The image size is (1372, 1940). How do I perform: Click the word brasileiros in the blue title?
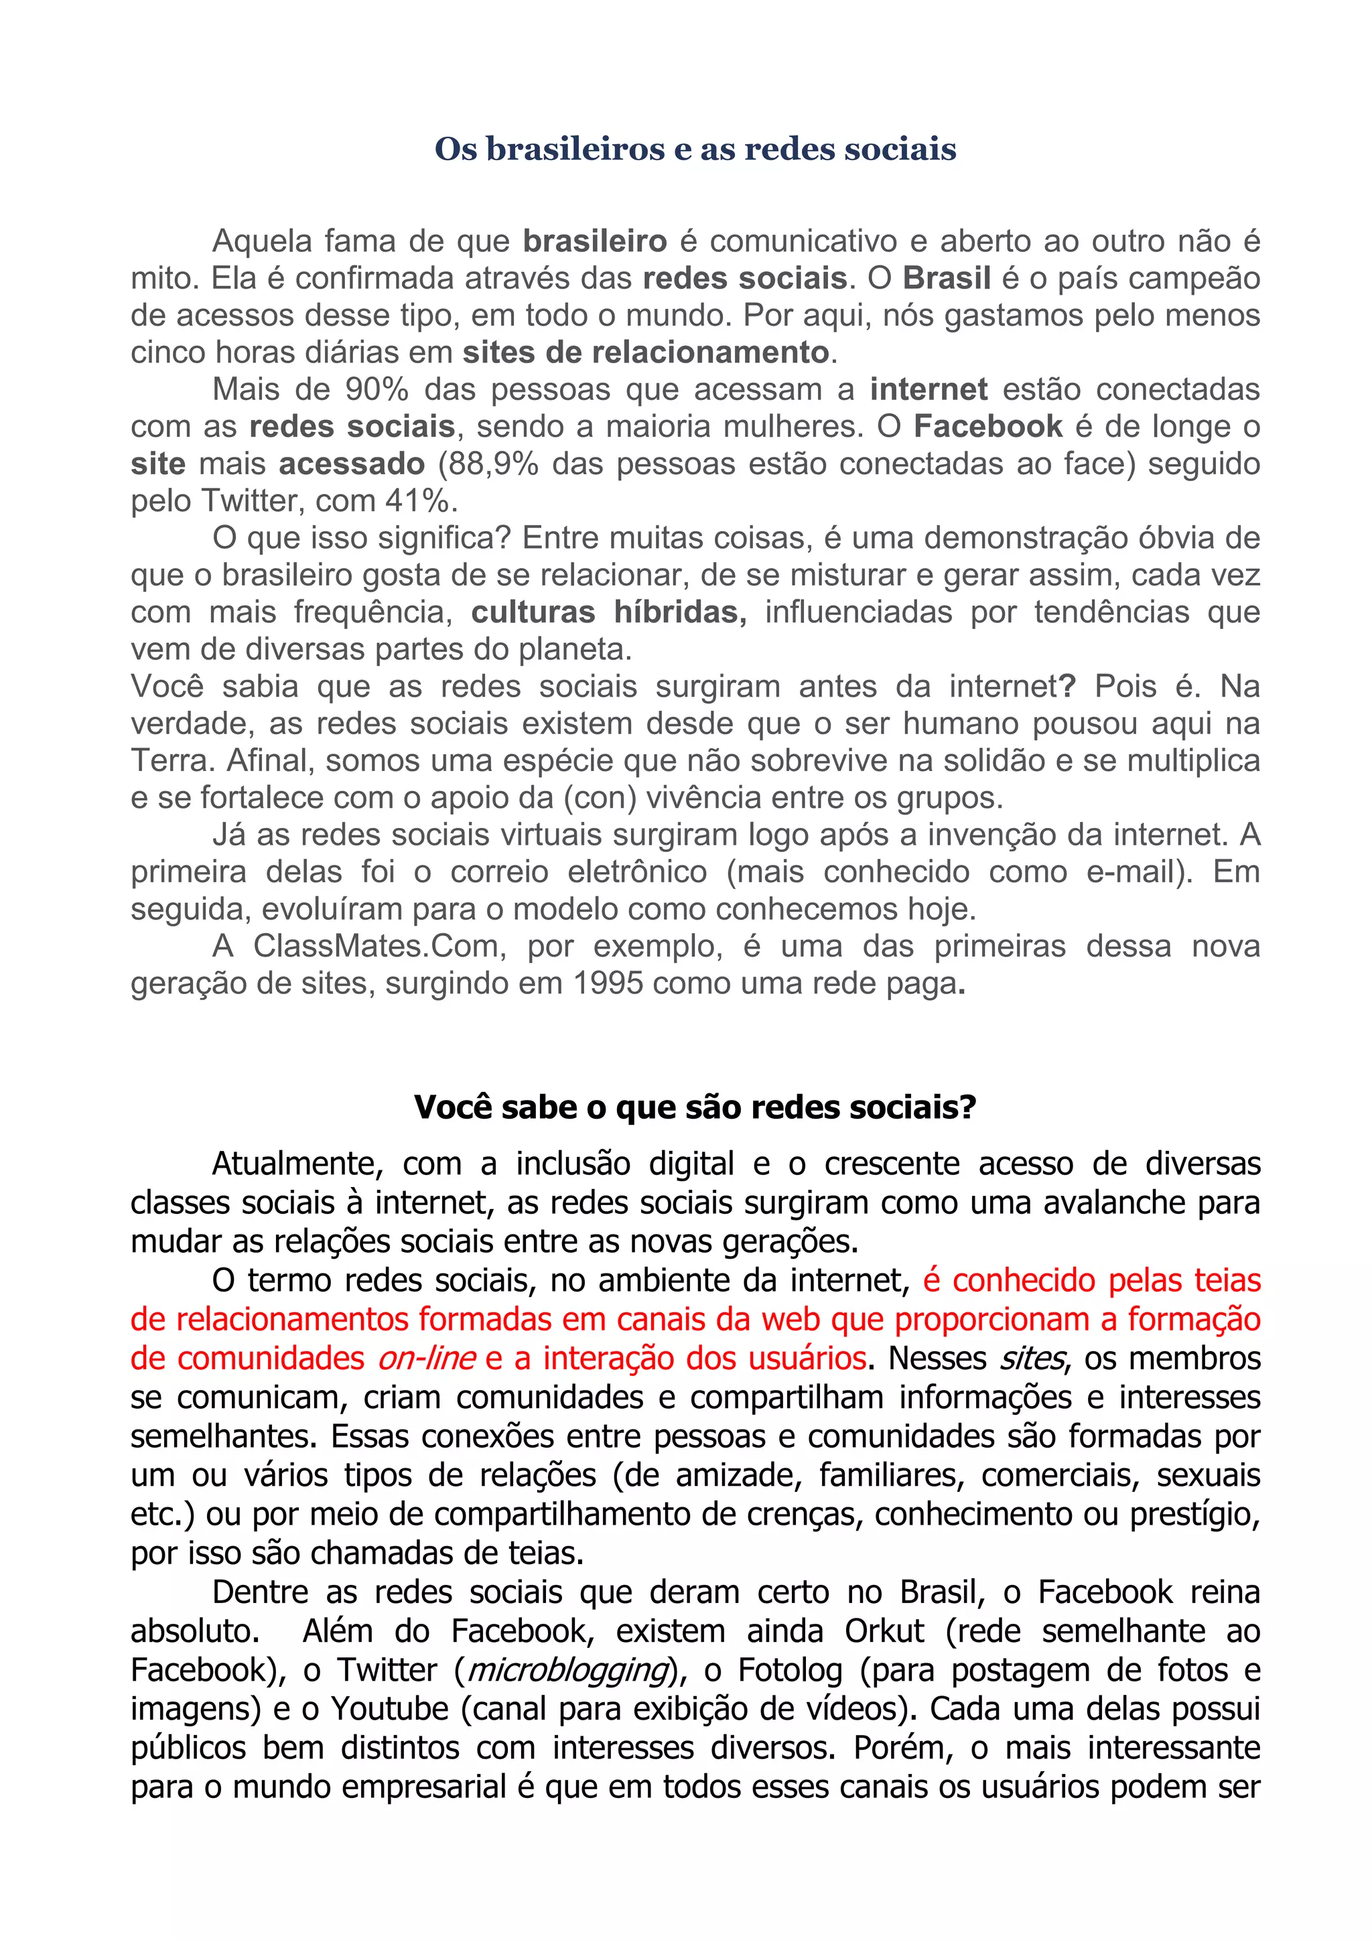tap(573, 149)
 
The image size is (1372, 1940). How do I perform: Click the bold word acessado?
tap(352, 464)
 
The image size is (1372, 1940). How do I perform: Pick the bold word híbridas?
tap(680, 612)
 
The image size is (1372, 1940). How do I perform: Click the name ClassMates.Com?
tap(379, 947)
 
